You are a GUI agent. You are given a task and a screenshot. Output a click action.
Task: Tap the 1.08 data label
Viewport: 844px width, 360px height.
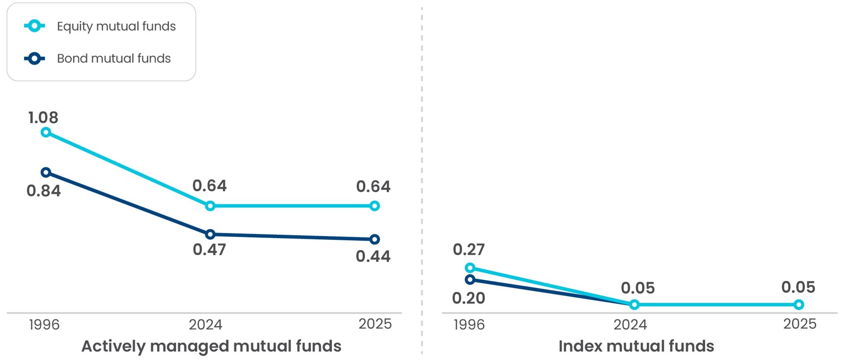tap(43, 118)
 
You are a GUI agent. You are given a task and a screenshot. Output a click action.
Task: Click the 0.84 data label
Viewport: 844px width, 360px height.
tap(43, 191)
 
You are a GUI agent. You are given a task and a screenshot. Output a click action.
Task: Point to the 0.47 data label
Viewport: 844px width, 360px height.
tap(210, 250)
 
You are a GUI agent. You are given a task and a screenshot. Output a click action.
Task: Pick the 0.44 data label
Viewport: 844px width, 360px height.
tap(373, 256)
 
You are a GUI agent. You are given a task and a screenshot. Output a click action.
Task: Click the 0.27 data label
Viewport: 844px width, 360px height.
tap(468, 249)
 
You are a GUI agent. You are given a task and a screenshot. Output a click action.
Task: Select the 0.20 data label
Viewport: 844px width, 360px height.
tap(468, 298)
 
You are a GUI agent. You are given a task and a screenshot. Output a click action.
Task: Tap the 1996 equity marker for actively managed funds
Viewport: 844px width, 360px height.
tap(46, 132)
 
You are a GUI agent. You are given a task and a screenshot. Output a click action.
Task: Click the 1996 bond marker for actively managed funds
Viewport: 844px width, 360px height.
tap(46, 172)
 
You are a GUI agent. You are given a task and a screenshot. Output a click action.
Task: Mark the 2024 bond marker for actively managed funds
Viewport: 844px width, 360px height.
tap(210, 234)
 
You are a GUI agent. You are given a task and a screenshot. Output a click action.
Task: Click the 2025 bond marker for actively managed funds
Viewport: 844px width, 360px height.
tap(374, 239)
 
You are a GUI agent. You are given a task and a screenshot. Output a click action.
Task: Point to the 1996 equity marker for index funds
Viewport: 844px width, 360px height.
tap(470, 268)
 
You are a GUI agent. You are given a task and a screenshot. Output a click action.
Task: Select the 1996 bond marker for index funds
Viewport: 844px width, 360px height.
tap(470, 280)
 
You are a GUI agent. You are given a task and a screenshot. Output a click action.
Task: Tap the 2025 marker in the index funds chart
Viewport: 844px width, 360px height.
tap(799, 305)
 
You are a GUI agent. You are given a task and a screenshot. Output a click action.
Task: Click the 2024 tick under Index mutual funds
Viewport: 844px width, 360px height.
tap(630, 324)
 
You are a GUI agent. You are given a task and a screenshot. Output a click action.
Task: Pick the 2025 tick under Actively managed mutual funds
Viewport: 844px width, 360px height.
tap(375, 324)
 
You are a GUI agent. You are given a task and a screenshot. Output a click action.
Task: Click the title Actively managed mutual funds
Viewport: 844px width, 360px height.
tap(211, 346)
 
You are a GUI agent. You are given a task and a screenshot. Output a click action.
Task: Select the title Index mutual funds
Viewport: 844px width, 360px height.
tap(636, 346)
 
